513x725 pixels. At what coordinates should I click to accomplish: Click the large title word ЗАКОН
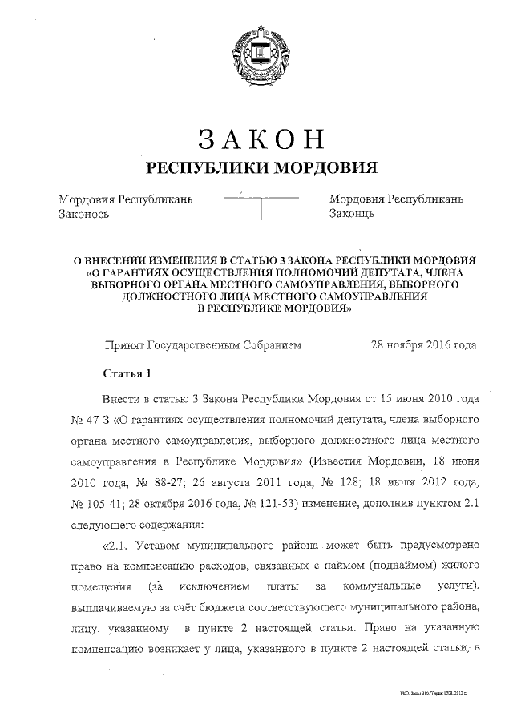coord(261,138)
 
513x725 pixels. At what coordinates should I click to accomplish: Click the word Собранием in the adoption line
coord(265,345)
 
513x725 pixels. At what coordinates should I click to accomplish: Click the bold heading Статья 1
coord(127,373)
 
